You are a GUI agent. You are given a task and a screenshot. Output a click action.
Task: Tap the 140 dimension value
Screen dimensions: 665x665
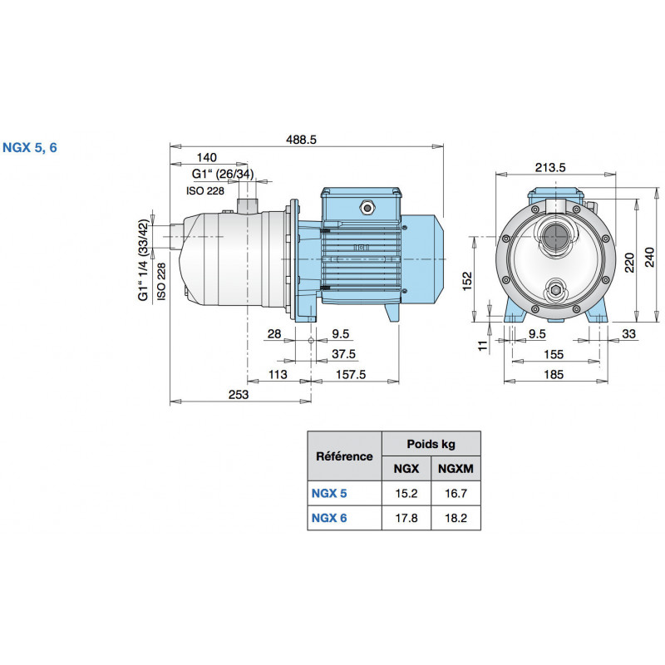(207, 157)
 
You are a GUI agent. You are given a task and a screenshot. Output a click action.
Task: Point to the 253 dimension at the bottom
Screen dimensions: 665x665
(238, 396)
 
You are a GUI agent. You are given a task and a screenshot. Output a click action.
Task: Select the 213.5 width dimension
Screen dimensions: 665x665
(550, 167)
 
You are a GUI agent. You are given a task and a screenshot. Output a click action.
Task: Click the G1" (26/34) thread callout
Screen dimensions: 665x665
(222, 174)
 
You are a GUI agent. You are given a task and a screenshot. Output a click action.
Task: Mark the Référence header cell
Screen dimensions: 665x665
(344, 456)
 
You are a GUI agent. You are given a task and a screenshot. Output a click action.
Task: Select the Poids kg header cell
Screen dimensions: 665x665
(430, 444)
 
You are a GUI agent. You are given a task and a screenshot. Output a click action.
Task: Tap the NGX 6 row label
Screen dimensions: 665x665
(328, 518)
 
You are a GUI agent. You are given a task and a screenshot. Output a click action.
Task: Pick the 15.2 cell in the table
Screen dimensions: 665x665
(406, 493)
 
